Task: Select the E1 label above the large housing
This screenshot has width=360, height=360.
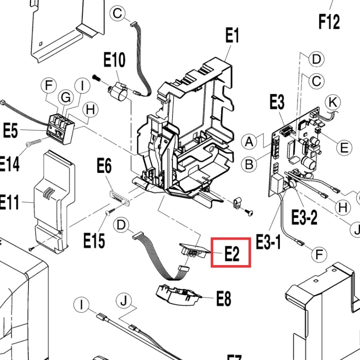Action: coord(232,36)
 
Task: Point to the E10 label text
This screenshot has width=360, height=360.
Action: coord(114,61)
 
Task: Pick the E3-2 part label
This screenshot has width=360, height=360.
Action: coord(304,218)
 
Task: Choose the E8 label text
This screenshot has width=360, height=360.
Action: coord(224,299)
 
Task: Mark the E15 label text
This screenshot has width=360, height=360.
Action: coord(94,240)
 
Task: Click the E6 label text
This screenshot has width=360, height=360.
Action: coord(104,166)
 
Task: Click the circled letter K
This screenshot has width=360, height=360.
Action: coord(332,103)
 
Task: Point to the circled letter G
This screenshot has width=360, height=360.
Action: coord(64,97)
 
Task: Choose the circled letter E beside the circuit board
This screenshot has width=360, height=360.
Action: coord(344,148)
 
